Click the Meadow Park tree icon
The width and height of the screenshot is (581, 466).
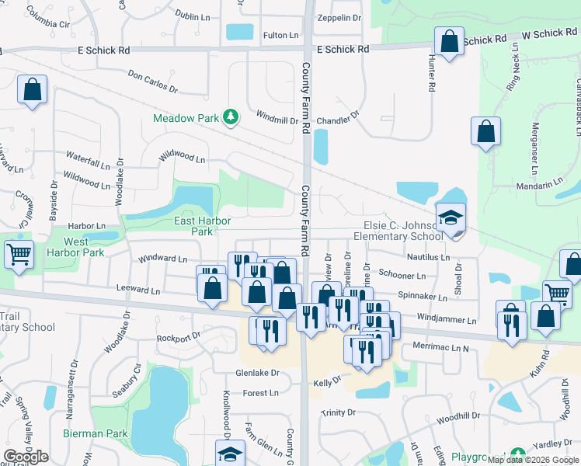pos(230,116)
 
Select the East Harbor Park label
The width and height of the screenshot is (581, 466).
pos(202,226)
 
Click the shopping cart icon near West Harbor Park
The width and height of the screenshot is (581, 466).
pos(19,253)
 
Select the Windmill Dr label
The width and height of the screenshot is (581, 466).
pos(277,120)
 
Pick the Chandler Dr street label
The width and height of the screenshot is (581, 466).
pos(338,119)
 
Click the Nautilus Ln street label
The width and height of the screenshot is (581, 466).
pos(428,257)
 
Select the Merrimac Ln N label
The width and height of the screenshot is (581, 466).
pos(440,346)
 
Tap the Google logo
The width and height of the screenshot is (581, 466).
pos(26,457)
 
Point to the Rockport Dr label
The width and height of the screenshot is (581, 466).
pos(179,337)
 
